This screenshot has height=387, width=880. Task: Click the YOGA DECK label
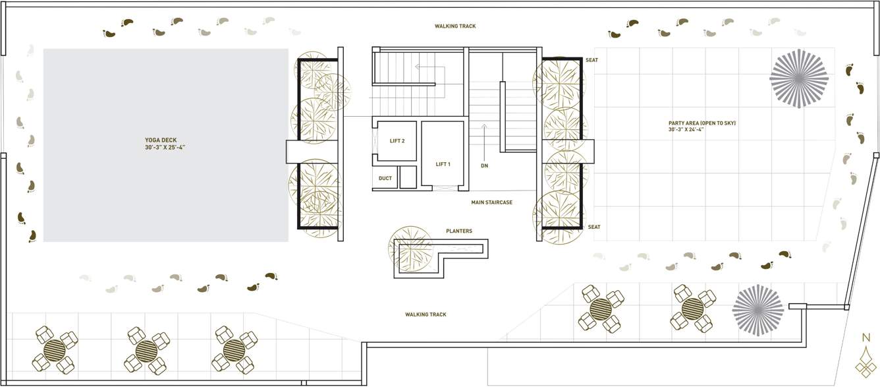click(165, 140)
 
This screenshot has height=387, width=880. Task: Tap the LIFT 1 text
click(443, 164)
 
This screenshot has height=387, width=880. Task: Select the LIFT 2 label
click(397, 141)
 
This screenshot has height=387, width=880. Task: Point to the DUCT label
click(385, 178)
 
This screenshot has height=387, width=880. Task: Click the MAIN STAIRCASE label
click(491, 202)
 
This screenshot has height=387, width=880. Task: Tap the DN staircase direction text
click(484, 166)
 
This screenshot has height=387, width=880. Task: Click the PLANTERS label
click(458, 231)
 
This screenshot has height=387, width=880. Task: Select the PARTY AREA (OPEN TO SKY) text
click(702, 123)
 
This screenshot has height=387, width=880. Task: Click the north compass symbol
click(866, 356)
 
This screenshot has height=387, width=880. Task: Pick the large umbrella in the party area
click(798, 78)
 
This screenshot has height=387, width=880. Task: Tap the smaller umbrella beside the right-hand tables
click(758, 310)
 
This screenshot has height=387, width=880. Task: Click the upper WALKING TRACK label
click(454, 26)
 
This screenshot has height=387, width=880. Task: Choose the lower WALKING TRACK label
click(426, 314)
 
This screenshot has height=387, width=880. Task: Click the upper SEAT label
click(592, 61)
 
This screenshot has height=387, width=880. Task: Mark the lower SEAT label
click(594, 227)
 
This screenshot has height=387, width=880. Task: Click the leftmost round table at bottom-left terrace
click(55, 349)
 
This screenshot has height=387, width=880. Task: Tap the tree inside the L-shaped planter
click(411, 249)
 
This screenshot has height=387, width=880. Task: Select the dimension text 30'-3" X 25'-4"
click(165, 148)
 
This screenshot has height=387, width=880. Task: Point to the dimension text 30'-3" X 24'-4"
click(702, 130)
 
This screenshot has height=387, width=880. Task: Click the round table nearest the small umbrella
click(692, 308)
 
